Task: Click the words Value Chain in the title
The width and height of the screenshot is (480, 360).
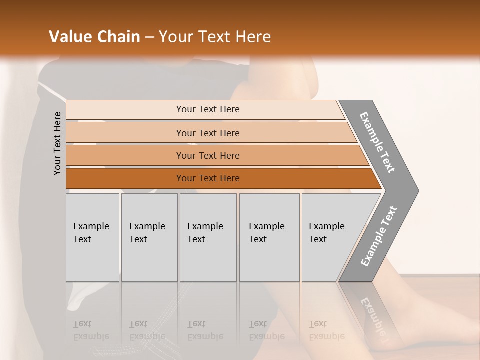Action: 94,37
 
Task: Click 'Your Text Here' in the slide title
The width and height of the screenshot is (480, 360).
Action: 215,37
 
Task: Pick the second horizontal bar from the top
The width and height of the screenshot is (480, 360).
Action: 208,133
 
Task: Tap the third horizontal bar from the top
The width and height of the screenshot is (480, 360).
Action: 208,155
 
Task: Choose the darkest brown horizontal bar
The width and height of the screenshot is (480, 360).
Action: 208,178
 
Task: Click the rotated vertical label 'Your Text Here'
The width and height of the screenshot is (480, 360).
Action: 57,143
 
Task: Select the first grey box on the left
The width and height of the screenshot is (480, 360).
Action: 92,237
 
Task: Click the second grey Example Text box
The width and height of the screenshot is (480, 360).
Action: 149,237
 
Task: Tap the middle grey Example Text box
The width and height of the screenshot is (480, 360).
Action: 208,237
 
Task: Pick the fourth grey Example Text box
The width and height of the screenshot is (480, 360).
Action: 269,237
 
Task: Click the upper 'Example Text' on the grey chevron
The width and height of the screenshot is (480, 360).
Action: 377,142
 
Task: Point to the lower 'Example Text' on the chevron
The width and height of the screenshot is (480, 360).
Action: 378,236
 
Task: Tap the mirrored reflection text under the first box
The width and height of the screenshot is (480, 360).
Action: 91,330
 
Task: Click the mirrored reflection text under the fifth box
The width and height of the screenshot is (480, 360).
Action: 326,330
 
